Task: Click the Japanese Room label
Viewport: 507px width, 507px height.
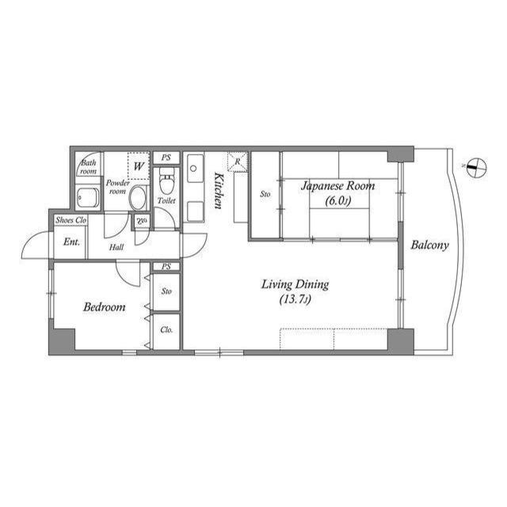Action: click(338, 186)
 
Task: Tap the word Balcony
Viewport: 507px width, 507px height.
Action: click(429, 245)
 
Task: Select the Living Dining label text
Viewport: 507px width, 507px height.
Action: click(295, 285)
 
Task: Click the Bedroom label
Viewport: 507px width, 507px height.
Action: click(104, 307)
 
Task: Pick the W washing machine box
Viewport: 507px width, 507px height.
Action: click(139, 166)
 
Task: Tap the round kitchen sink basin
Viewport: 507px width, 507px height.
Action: click(193, 169)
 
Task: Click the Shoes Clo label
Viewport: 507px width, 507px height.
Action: click(71, 220)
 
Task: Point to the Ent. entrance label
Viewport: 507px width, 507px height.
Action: click(71, 242)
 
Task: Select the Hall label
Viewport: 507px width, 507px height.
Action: click(116, 247)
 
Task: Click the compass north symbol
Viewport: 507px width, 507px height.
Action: click(475, 167)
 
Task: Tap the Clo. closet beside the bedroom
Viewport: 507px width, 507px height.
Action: click(166, 330)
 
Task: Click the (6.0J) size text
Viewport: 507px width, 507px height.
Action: click(338, 201)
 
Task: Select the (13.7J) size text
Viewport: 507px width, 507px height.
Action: click(295, 300)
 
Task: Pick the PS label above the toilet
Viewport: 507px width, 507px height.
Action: click(166, 158)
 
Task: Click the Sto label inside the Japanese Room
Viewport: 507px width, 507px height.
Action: click(265, 193)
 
